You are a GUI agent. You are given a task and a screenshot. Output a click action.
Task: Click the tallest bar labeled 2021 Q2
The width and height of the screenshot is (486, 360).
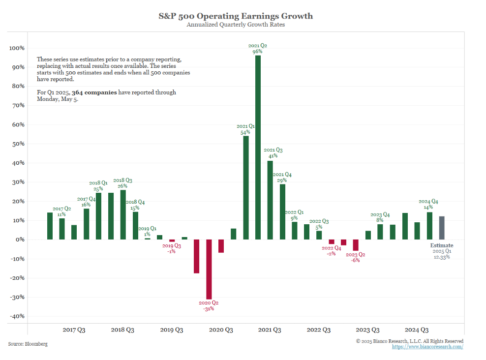(x=258, y=148)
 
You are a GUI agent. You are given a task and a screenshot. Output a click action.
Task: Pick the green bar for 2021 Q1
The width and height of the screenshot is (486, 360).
(x=245, y=187)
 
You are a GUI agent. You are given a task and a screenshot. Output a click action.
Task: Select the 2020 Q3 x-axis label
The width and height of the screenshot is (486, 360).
(x=221, y=330)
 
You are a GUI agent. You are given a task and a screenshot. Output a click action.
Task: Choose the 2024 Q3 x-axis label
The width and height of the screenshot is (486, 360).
(x=416, y=330)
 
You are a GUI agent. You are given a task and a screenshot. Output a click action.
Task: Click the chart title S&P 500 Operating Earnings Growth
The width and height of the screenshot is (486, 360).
(x=235, y=16)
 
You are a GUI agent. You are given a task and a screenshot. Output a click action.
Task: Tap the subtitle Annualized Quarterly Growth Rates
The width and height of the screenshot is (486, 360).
(x=235, y=25)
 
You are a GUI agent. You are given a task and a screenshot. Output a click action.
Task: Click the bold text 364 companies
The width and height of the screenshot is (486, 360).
(x=94, y=92)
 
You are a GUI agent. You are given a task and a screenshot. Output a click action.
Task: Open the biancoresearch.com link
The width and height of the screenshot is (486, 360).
(x=427, y=347)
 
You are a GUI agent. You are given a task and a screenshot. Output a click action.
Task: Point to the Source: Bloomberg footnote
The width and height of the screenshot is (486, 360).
(x=28, y=344)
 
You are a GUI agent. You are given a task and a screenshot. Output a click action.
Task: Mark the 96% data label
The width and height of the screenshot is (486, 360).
(x=258, y=51)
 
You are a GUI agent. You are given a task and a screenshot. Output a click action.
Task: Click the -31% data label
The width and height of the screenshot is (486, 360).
(x=209, y=308)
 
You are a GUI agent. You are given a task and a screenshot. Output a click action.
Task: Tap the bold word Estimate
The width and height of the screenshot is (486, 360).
(x=442, y=245)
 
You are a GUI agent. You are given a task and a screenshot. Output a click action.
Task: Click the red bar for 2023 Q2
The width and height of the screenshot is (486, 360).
(x=356, y=245)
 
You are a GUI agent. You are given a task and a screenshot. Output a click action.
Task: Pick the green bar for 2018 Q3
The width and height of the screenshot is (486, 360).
(x=123, y=214)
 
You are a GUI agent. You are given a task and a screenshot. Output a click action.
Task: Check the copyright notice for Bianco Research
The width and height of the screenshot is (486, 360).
(x=409, y=341)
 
